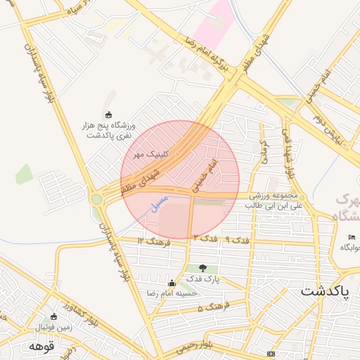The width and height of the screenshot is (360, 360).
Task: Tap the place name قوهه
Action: click(x=41, y=346)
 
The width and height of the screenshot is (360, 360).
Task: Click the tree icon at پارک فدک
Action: click(x=203, y=268)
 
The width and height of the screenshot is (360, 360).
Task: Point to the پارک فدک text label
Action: click(x=204, y=278)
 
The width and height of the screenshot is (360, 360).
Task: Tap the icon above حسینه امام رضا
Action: click(x=172, y=283)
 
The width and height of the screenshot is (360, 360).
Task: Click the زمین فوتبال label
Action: click(x=54, y=326)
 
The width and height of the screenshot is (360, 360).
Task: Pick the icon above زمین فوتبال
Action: click(x=54, y=316)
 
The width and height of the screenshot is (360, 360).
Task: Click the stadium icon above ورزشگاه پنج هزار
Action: click(x=108, y=115)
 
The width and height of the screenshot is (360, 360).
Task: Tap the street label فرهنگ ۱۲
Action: click(x=154, y=241)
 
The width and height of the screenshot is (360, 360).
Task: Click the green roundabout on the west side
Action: click(x=96, y=199)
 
